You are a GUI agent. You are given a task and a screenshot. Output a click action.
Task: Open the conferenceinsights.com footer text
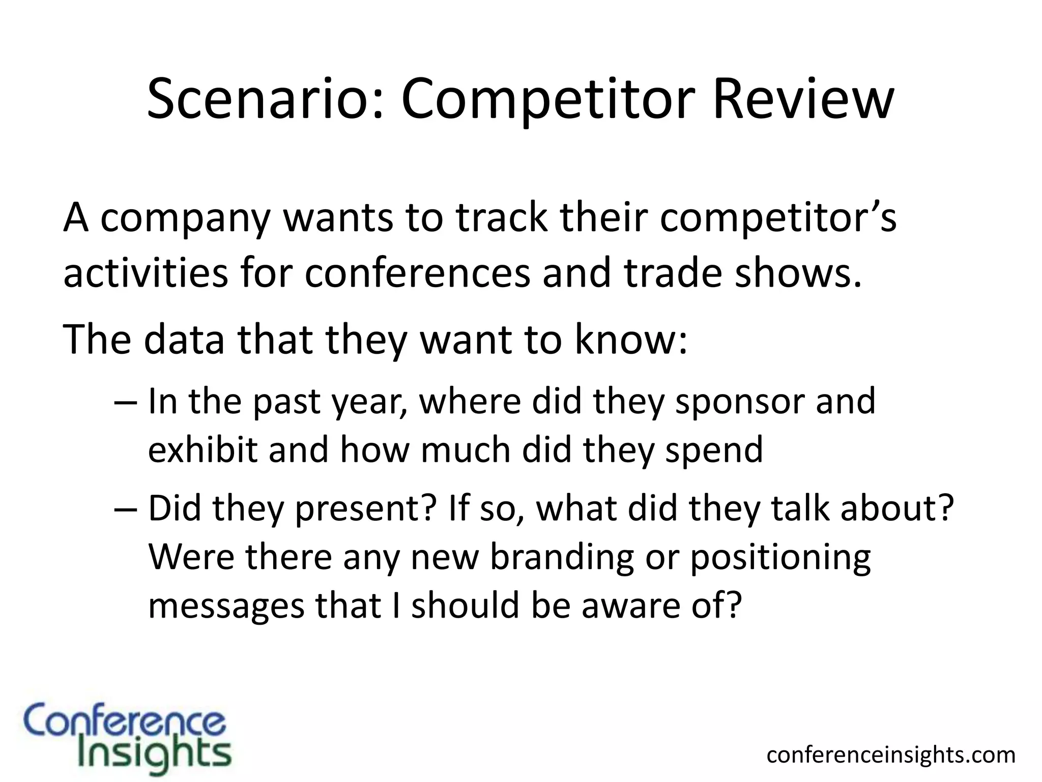890,755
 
